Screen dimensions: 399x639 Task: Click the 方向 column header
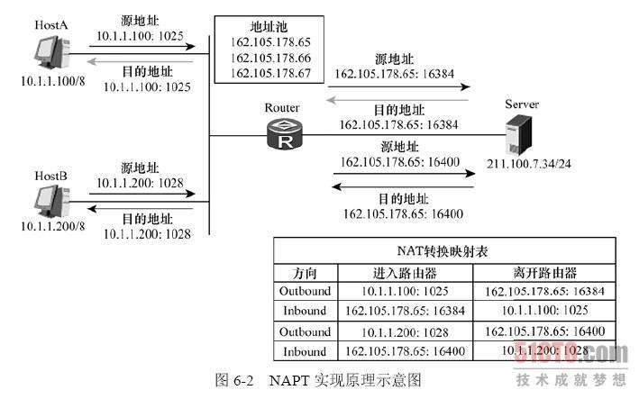[306, 272]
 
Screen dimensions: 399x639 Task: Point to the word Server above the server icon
[524, 104]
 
